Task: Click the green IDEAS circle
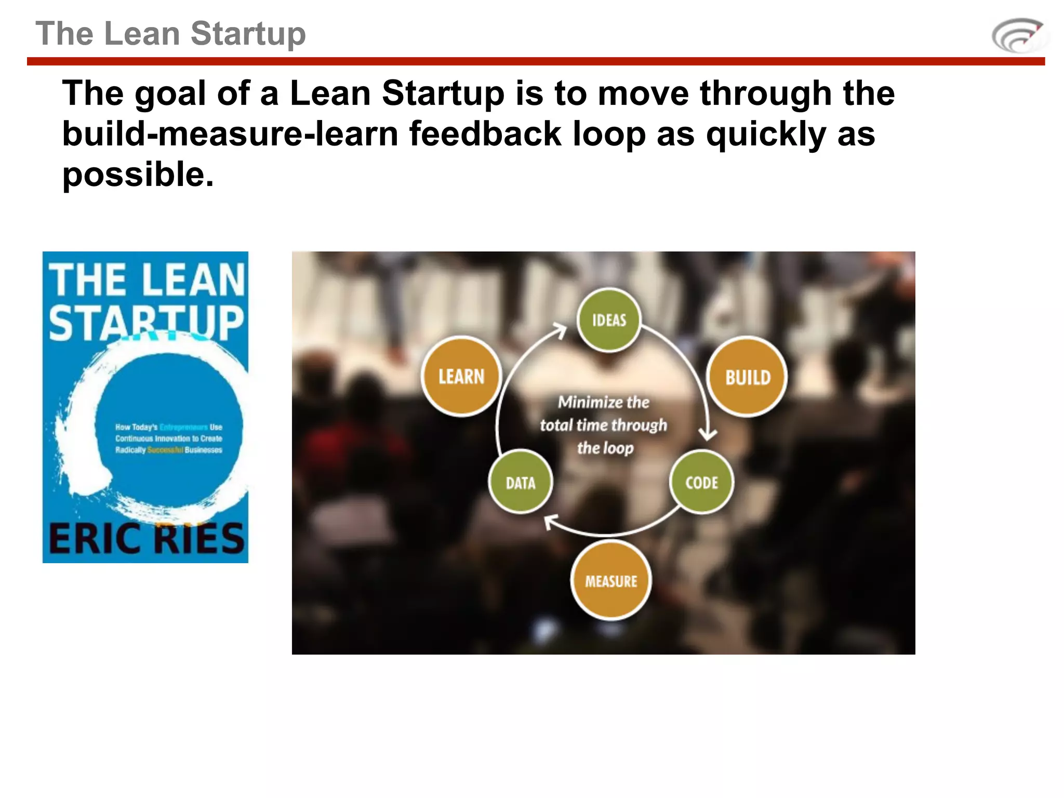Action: [609, 320]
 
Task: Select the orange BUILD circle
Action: [747, 377]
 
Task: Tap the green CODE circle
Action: [701, 483]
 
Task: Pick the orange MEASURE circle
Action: [611, 581]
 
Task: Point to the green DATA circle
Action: [521, 483]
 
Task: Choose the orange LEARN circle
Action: [461, 376]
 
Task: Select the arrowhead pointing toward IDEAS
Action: [560, 329]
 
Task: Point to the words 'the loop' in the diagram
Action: [605, 448]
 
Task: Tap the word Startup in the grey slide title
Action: [248, 34]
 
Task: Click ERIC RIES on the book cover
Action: [146, 538]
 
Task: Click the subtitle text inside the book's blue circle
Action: [168, 438]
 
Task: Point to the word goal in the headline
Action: [170, 94]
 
